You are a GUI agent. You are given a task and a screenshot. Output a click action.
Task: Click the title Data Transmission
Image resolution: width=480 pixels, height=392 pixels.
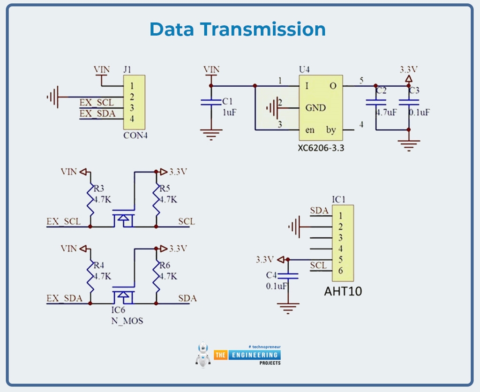pos(238,29)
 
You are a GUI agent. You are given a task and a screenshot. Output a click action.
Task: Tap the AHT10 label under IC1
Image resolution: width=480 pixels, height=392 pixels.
pos(343,291)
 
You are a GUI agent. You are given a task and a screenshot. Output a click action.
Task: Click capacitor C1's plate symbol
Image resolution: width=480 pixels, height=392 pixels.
pos(211,102)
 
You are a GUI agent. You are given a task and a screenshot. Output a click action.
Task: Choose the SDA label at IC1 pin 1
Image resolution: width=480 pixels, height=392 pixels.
pos(319,211)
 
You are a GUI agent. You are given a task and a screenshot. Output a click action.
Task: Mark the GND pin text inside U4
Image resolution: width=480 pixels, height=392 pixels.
pos(315,108)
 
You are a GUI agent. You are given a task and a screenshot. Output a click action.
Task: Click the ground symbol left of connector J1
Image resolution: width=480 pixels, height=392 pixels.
pos(52,97)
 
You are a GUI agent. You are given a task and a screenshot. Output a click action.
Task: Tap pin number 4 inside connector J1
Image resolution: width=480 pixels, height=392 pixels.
pos(132,119)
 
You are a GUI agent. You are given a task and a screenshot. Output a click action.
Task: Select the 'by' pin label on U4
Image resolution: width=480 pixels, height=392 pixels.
pos(331,130)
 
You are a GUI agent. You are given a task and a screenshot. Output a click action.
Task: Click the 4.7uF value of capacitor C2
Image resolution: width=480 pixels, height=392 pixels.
pos(386,113)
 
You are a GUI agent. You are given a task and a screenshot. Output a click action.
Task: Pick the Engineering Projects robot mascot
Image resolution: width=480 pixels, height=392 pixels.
pos(203,354)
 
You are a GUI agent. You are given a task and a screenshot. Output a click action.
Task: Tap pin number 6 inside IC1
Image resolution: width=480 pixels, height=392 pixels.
pos(341,271)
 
